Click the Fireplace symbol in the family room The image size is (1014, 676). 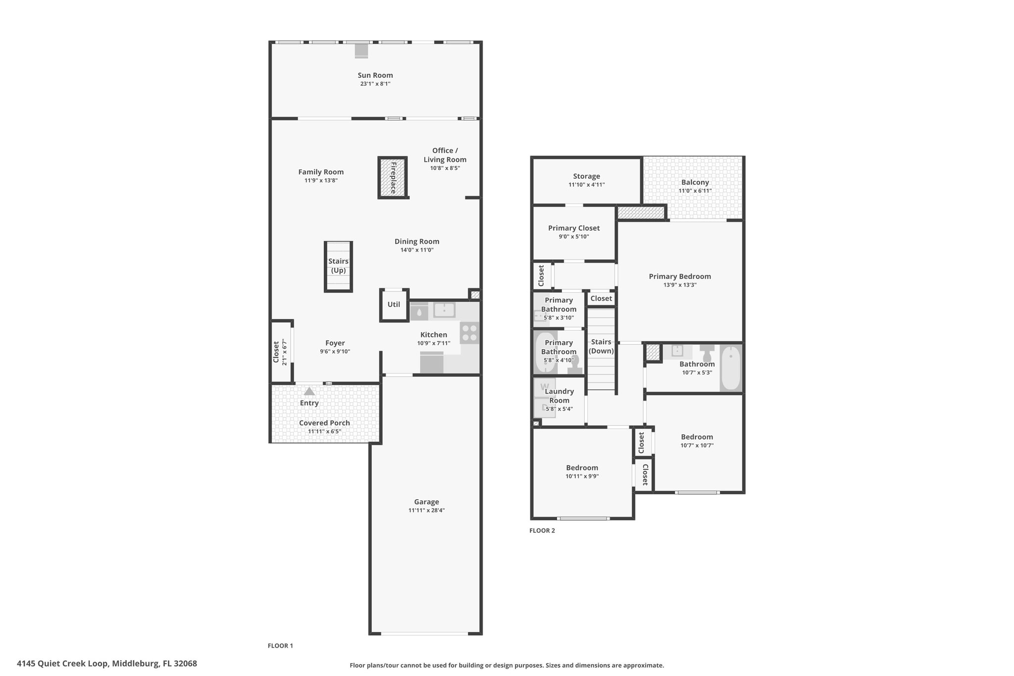click(x=393, y=177)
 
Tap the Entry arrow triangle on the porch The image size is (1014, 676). click(x=309, y=391)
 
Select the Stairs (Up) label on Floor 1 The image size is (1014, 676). click(x=339, y=266)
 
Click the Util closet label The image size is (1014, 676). click(x=394, y=305)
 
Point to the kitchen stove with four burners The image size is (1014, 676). click(x=469, y=333)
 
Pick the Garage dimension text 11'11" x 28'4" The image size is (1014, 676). click(x=427, y=511)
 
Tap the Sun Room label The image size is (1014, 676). click(x=375, y=75)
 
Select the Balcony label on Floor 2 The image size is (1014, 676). click(x=695, y=182)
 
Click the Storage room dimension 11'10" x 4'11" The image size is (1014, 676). click(x=587, y=185)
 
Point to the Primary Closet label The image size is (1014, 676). click(x=574, y=228)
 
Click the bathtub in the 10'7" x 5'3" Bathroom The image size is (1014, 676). click(x=731, y=368)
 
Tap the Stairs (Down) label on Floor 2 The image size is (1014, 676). click(x=601, y=347)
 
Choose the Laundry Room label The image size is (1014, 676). click(x=559, y=396)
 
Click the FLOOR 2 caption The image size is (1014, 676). click(x=542, y=531)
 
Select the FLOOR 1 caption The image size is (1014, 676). click(x=280, y=646)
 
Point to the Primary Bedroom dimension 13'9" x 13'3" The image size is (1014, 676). click(x=680, y=285)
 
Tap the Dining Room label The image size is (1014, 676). click(x=417, y=242)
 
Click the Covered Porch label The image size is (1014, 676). click(x=324, y=423)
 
